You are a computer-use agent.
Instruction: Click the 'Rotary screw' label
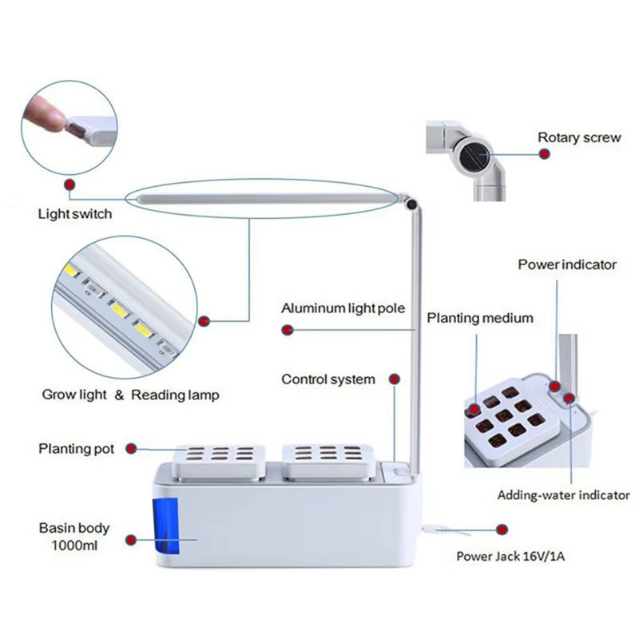[x=578, y=137]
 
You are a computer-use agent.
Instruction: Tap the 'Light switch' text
[x=75, y=214]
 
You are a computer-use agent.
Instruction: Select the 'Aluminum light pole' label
[x=343, y=308]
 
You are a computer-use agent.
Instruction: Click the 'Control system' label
[x=327, y=379]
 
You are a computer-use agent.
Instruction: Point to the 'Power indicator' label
[x=567, y=264]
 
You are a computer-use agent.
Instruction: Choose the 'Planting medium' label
[x=479, y=318]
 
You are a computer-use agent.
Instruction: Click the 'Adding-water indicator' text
[x=563, y=495]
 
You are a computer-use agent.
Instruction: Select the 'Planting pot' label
[x=77, y=449]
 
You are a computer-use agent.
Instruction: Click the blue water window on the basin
[x=164, y=525]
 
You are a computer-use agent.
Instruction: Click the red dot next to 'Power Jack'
[x=502, y=529]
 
